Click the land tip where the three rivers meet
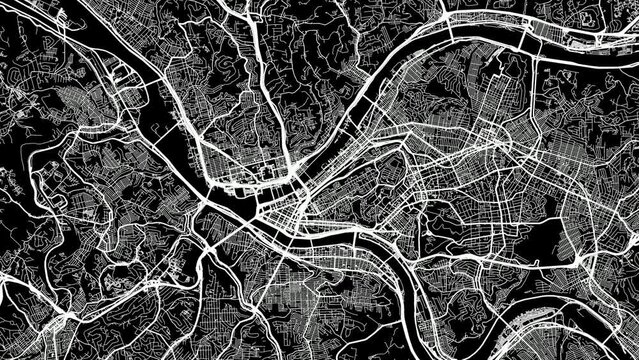[x=240, y=209]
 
